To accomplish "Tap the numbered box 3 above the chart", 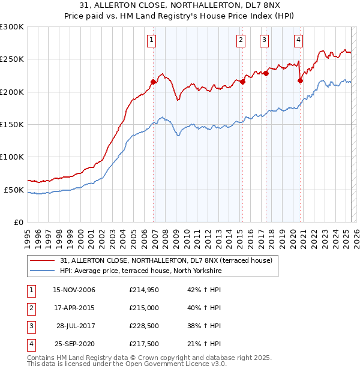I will pos(264,40).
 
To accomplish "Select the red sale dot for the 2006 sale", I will pos(154,82).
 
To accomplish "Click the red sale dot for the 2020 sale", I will pos(300,80).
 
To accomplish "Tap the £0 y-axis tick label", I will pos(18,222).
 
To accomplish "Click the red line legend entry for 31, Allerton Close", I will pos(166,260).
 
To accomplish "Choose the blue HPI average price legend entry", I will pos(140,271).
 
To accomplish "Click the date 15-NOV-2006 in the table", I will pos(74,290).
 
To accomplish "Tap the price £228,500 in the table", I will pos(144,326).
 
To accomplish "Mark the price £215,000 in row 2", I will pos(144,308).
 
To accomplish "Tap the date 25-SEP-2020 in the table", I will pos(74,344).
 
